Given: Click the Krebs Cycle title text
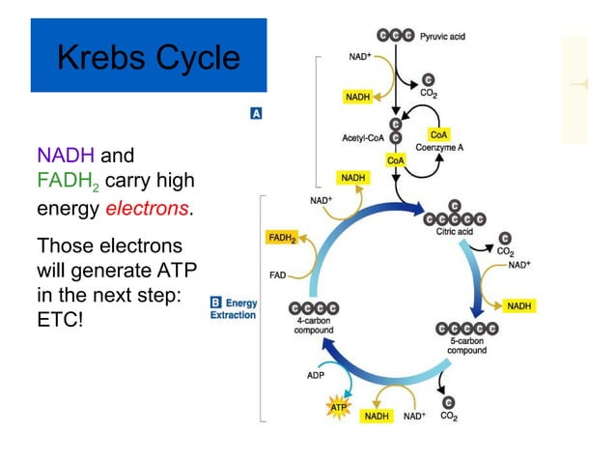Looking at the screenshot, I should (x=148, y=58).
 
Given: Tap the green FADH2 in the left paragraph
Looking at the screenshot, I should (x=68, y=182).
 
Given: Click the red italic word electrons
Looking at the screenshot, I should (x=148, y=208).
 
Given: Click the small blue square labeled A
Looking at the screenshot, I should (x=257, y=113).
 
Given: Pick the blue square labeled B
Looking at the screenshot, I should (x=216, y=303).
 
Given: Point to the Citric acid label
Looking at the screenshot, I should (x=461, y=230).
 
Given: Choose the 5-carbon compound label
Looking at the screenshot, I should (x=466, y=345).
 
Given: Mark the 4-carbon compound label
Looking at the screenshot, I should (x=314, y=326).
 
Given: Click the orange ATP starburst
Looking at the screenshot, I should (x=338, y=408).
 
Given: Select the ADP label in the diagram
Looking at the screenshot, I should (x=316, y=375).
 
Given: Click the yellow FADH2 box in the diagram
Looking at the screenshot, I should (x=281, y=237).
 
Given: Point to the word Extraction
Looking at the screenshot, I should (x=234, y=315).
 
